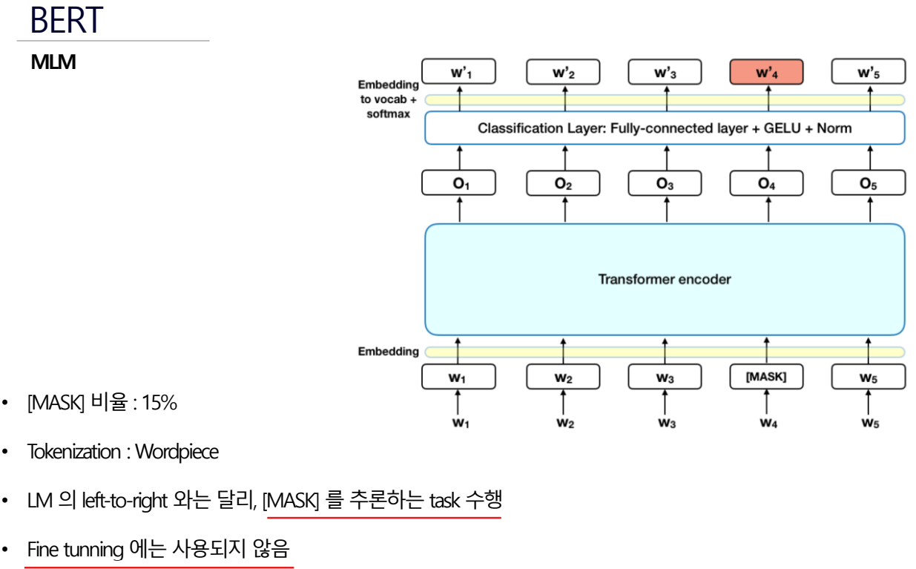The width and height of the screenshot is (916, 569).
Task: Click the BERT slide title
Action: coord(65,20)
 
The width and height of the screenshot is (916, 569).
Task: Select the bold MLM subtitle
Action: coord(53,63)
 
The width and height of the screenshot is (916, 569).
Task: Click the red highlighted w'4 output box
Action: coord(767,73)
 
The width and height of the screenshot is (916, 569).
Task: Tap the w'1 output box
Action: coord(459,73)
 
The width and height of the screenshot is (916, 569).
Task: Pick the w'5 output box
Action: coord(869,73)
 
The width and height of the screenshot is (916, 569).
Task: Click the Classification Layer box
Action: coord(665,128)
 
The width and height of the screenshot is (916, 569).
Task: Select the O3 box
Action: coord(665,184)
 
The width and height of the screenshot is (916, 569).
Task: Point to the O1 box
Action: coord(459,184)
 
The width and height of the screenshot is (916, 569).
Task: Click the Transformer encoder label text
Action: coord(665,280)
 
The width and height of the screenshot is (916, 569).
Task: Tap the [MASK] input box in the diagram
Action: coord(766,377)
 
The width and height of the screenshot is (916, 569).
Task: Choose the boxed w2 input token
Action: coord(563,378)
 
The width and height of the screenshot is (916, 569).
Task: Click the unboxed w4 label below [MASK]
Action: coord(766,424)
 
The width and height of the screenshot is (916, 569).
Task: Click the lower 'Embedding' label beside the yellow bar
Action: coord(389,352)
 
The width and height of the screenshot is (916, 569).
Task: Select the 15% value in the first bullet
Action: coord(159,403)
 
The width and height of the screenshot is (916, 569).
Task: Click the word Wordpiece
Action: coord(177,451)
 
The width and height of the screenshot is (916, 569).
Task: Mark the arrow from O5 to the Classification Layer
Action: coord(869,157)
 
